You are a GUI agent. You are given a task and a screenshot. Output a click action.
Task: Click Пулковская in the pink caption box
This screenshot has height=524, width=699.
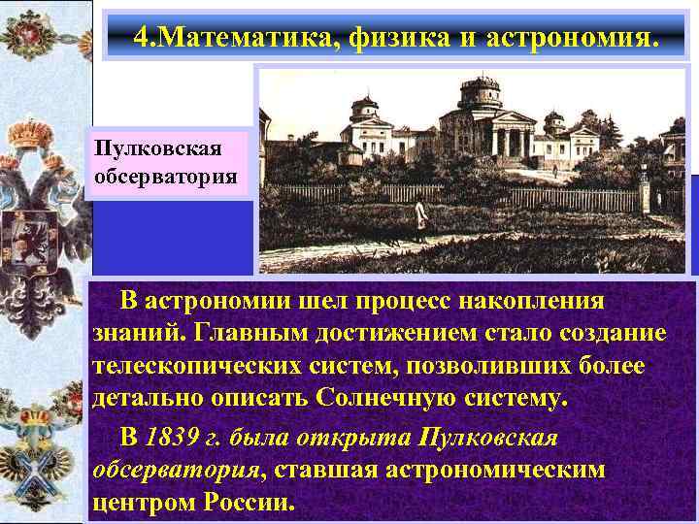(158, 148)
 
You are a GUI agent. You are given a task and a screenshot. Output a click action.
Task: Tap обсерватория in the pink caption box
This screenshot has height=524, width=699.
(166, 176)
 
